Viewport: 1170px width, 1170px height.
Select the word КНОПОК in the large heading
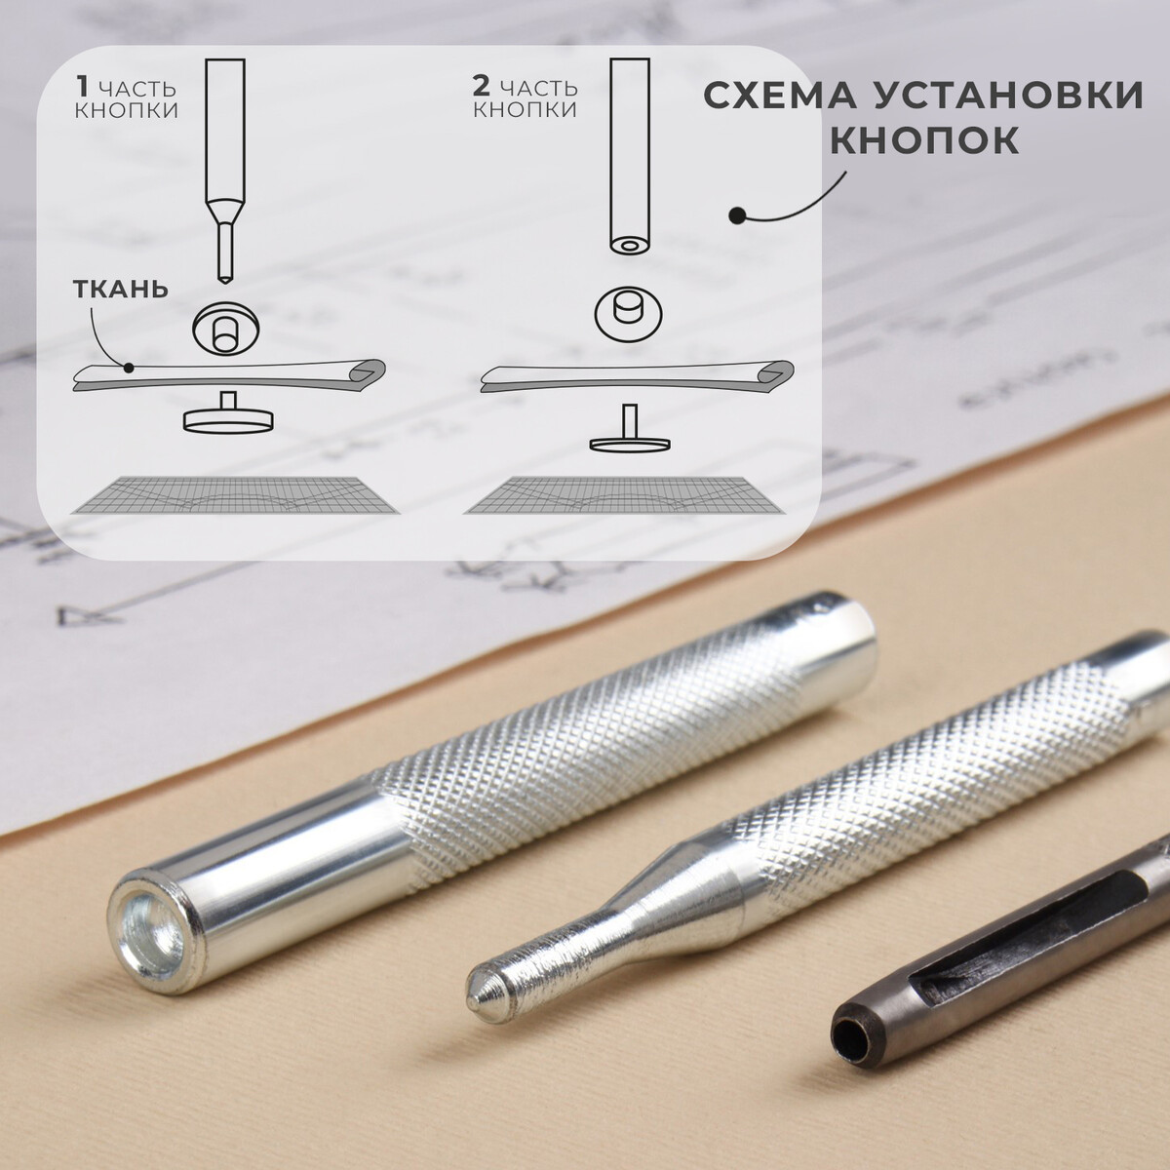pos(924,140)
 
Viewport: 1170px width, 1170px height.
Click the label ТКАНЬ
pos(121,289)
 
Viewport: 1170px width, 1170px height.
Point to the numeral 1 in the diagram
pos(82,88)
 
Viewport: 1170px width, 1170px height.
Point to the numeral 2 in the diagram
pos(481,88)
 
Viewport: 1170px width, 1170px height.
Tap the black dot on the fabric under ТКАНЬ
pos(128,368)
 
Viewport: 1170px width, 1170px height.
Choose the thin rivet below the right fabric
pos(630,431)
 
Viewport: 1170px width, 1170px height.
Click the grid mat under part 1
pos(234,495)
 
